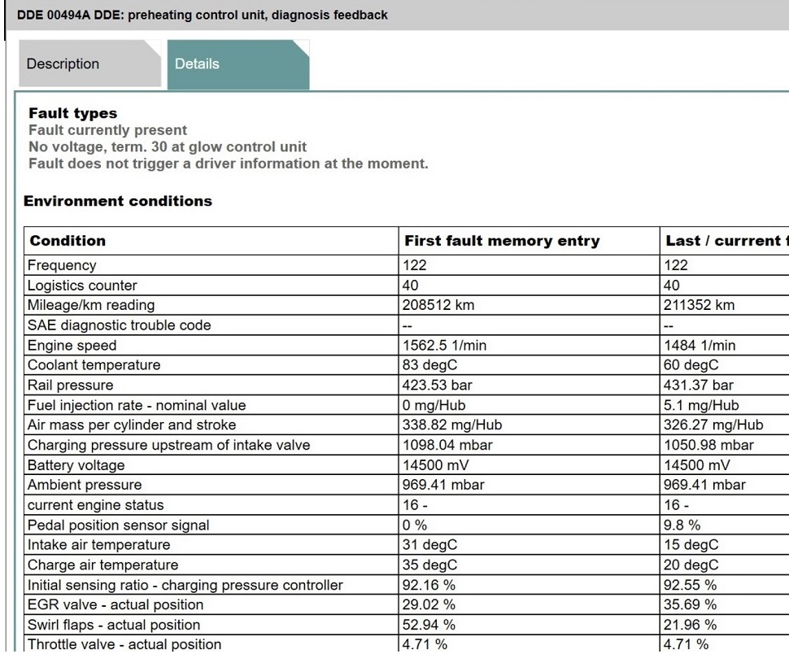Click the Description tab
pyautogui.click(x=63, y=64)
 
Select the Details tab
pyautogui.click(x=196, y=64)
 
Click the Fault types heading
pyautogui.click(x=72, y=114)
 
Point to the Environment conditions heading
pyautogui.click(x=118, y=201)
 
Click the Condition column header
pyautogui.click(x=68, y=241)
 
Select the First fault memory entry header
pyautogui.click(x=502, y=241)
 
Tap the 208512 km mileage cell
pyautogui.click(x=438, y=305)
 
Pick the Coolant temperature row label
pyautogui.click(x=94, y=365)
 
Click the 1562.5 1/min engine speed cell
pyautogui.click(x=445, y=346)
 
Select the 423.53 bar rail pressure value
pyautogui.click(x=438, y=386)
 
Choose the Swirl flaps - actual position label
pyautogui.click(x=114, y=626)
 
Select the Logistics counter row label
pyautogui.click(x=82, y=286)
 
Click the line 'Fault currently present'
pyautogui.click(x=107, y=130)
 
